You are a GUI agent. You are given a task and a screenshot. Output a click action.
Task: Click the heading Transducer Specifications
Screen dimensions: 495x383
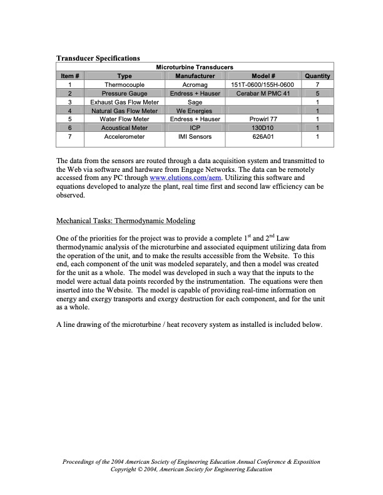coord(98,58)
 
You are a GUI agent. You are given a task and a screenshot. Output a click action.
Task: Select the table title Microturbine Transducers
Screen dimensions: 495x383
coord(195,67)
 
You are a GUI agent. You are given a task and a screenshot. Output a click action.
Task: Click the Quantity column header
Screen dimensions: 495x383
coord(318,76)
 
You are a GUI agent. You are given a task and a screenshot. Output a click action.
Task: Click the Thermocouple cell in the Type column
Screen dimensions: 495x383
coord(124,84)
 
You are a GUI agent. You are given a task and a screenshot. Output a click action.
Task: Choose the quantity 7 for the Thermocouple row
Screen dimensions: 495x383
coord(318,84)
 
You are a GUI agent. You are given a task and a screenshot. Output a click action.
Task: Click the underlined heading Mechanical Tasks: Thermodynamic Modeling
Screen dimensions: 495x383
coord(126,221)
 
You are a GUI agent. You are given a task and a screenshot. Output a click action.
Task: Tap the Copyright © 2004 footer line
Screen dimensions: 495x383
coord(191,469)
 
